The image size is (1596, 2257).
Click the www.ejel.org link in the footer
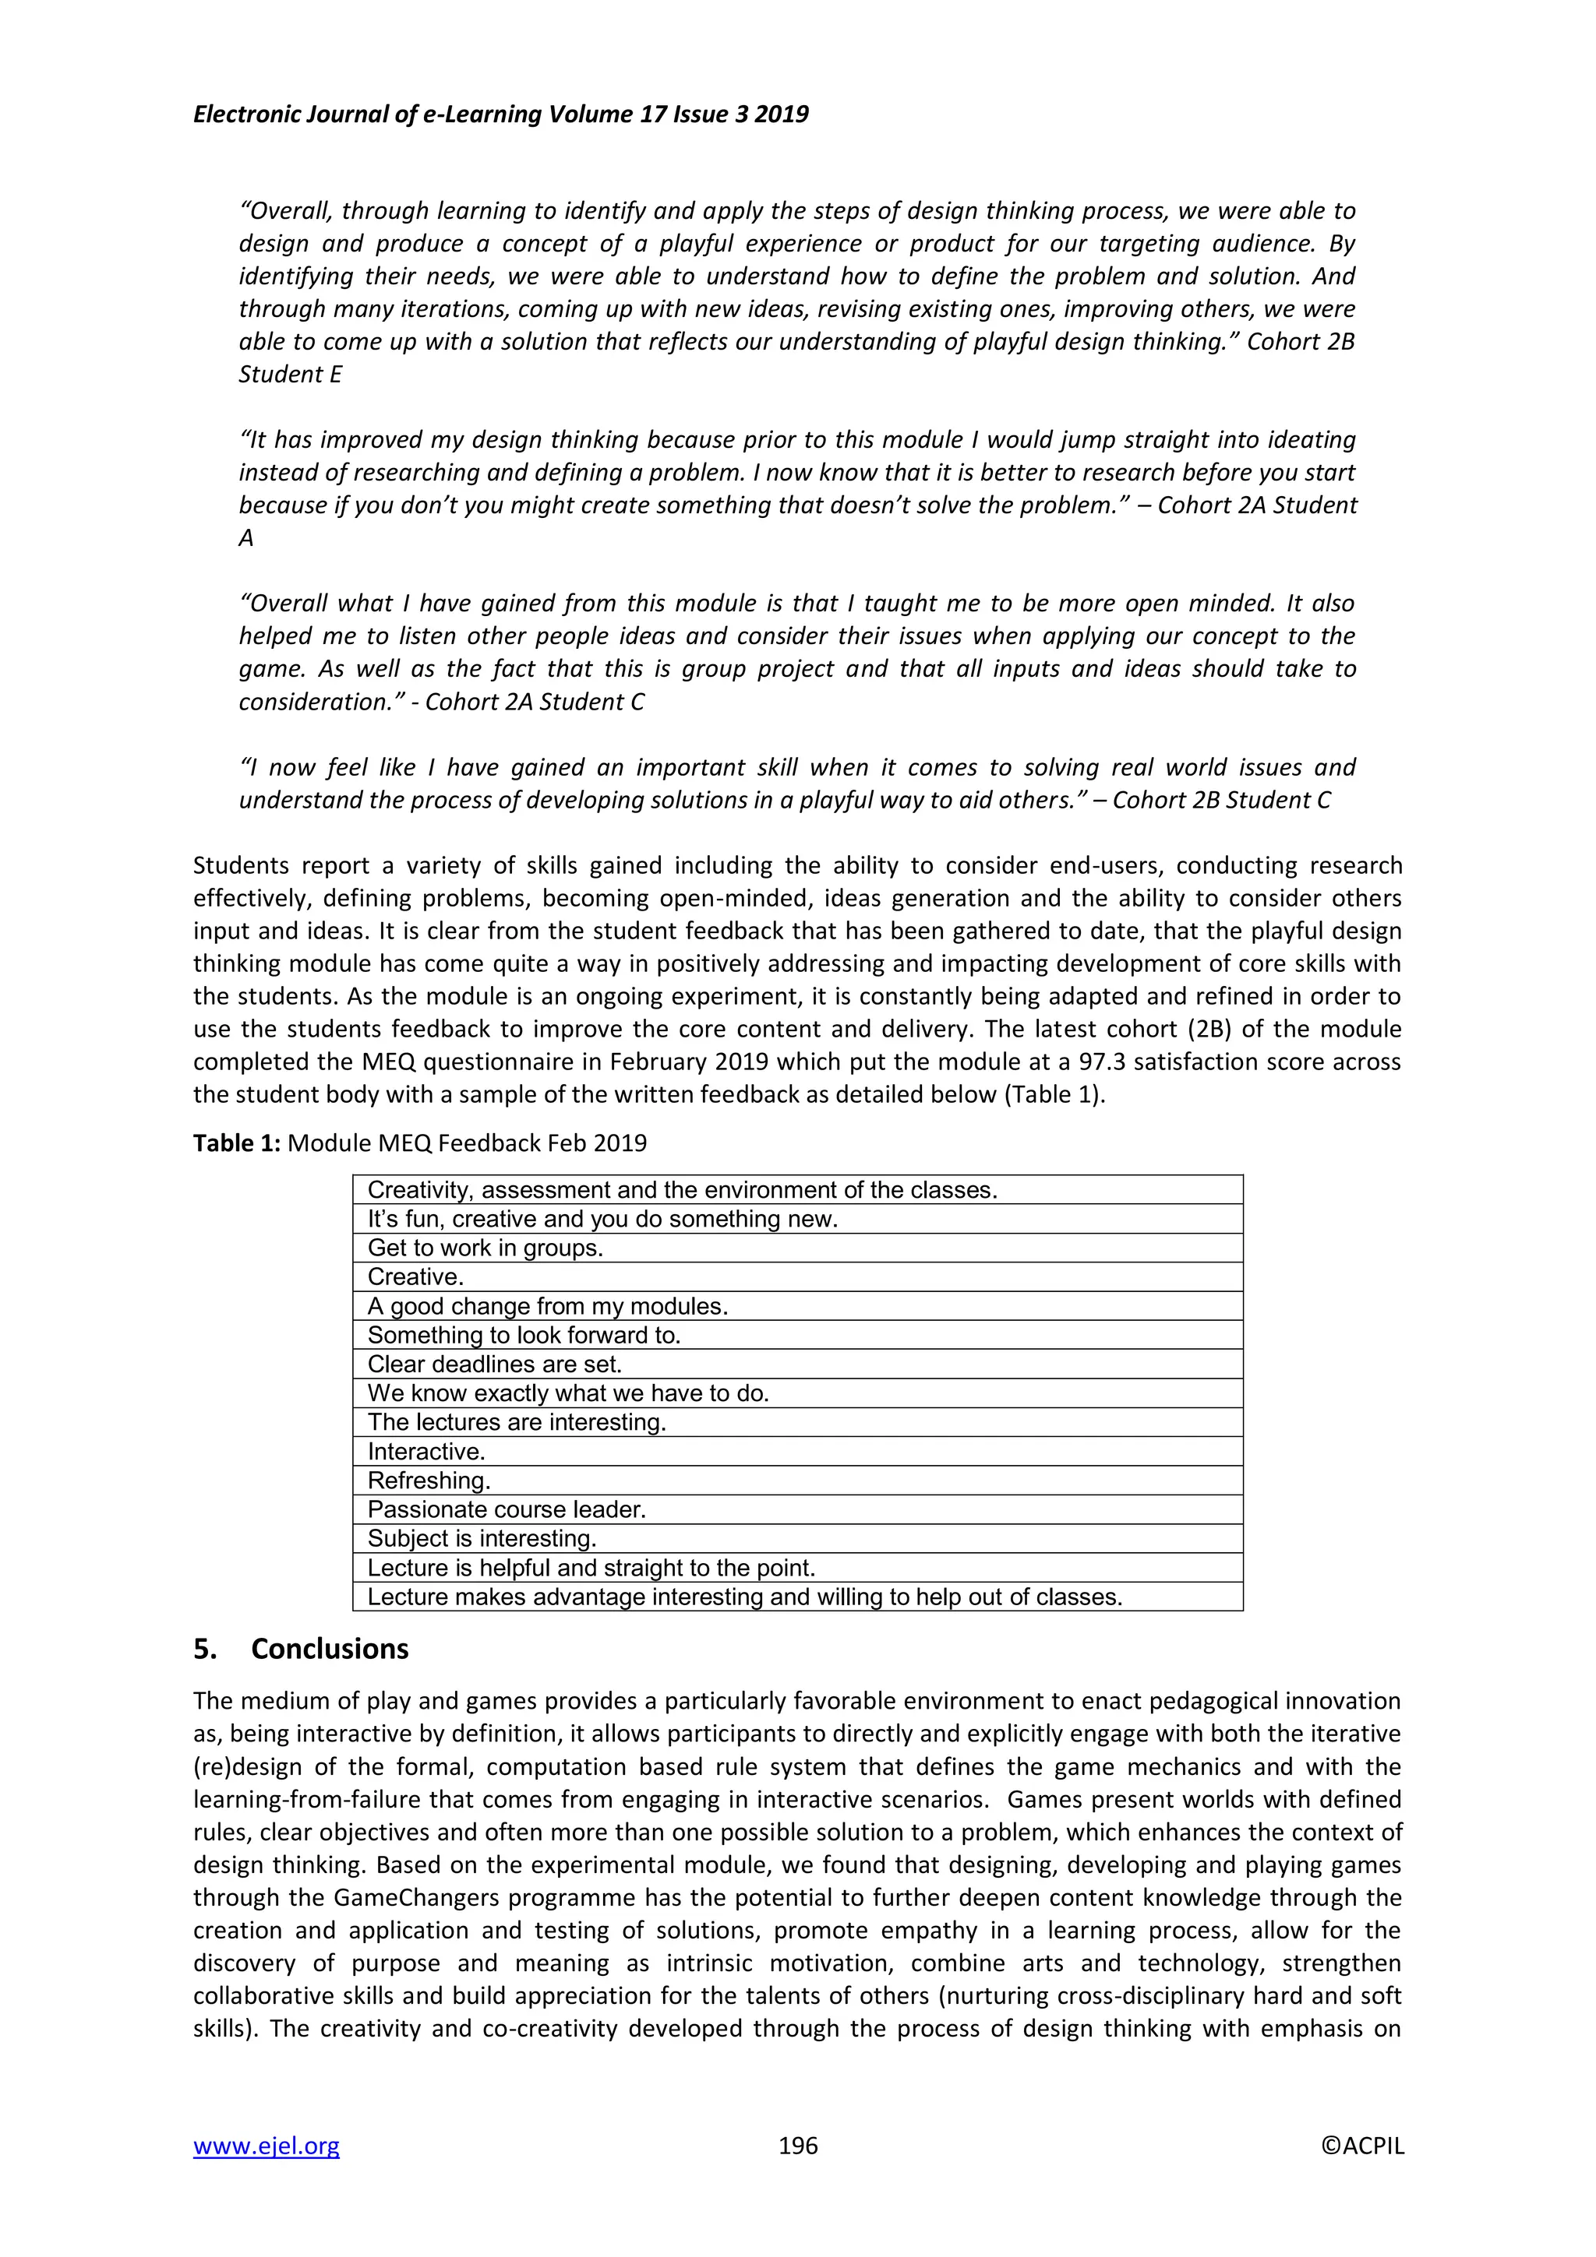(266, 2145)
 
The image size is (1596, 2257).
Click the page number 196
(797, 2145)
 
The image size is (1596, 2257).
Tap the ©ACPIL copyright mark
(1362, 2145)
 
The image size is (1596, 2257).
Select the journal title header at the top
(500, 114)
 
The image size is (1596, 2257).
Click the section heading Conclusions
(330, 1649)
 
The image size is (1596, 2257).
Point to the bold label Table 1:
(237, 1143)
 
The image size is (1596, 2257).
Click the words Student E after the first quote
(290, 375)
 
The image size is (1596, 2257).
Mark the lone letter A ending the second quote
(245, 537)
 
